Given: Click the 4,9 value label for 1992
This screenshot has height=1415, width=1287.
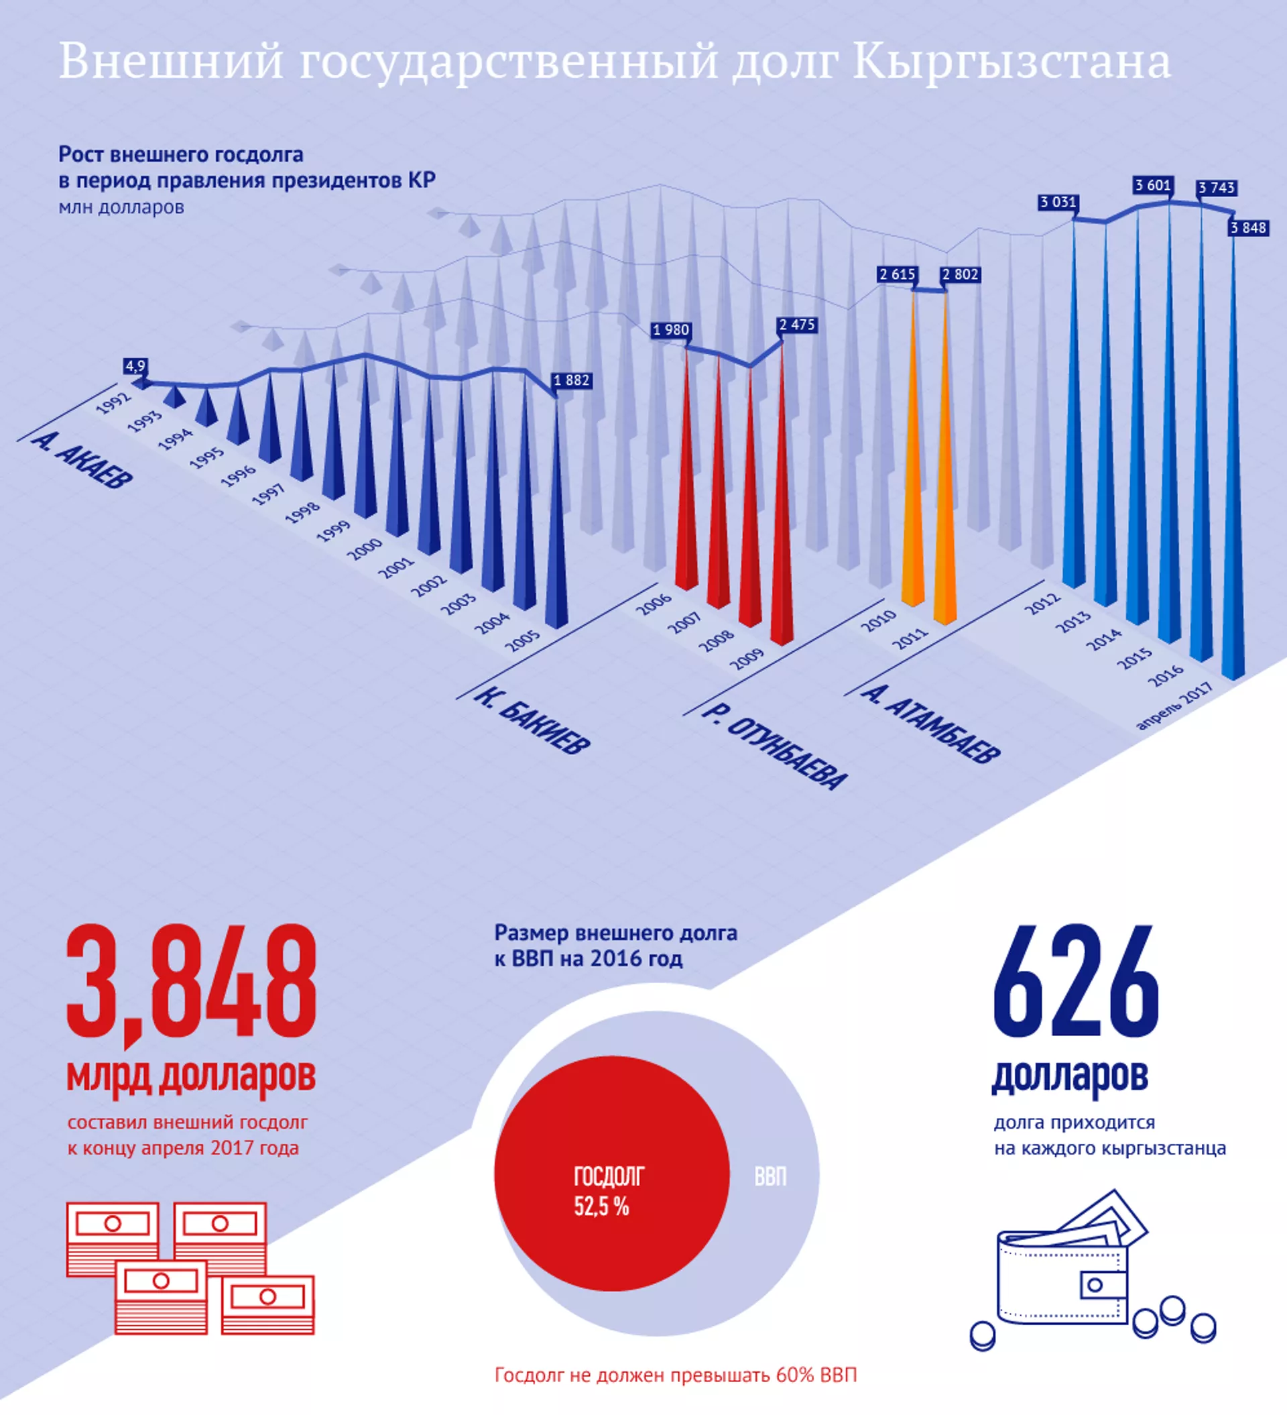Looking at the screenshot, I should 135,365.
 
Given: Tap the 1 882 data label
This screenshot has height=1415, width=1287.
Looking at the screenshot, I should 572,380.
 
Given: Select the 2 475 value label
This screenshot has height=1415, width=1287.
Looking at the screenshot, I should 797,325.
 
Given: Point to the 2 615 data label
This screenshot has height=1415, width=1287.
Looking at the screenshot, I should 898,274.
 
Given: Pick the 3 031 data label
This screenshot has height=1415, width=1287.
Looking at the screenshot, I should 1058,202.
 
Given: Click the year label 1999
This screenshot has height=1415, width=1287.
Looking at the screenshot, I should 333,530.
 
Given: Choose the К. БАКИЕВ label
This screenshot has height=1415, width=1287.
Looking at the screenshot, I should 533,720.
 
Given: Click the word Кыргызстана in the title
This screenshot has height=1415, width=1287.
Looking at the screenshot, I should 1012,62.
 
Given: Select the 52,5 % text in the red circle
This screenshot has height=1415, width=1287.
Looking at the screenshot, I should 601,1206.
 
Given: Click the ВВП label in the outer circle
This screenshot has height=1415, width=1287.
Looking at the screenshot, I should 770,1176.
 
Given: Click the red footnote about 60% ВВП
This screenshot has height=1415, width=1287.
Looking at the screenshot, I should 676,1374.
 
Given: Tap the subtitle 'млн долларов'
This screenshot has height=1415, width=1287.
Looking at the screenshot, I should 121,208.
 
